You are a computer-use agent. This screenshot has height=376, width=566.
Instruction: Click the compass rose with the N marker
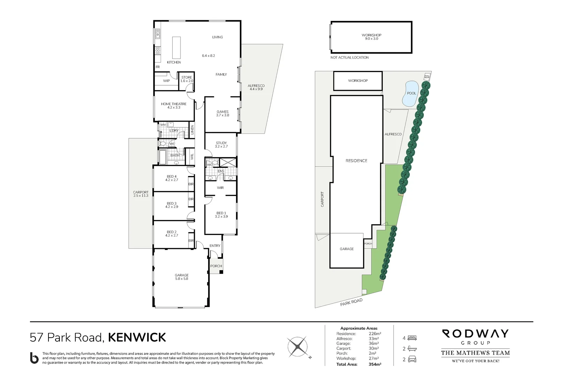[x=297, y=347]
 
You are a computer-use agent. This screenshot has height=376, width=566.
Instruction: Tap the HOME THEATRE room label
[x=174, y=105]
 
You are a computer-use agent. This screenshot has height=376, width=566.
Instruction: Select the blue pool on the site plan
[x=410, y=93]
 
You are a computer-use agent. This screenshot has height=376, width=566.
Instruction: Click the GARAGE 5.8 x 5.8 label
[x=182, y=277]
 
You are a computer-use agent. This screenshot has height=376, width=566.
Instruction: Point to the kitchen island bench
[x=176, y=48]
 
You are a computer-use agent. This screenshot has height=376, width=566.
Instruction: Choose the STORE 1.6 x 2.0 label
[x=186, y=79]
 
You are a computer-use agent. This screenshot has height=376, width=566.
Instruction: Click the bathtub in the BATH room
[x=163, y=157]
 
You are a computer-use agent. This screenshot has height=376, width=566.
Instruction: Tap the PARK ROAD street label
[x=351, y=302]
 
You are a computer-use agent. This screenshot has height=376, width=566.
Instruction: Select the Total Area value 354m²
[x=375, y=364]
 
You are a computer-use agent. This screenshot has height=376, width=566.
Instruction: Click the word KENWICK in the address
[x=137, y=337]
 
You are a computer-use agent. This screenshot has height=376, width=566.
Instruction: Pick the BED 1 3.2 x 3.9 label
[x=221, y=214]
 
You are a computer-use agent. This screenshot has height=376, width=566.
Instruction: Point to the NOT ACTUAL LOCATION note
[x=350, y=57]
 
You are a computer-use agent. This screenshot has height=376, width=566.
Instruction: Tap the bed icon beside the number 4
[x=412, y=338]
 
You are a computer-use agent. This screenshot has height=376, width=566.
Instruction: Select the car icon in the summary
[x=412, y=359]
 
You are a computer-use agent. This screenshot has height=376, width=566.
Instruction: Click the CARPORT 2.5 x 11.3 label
[x=141, y=194]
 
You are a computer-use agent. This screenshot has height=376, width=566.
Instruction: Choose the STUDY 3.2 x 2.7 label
[x=221, y=144]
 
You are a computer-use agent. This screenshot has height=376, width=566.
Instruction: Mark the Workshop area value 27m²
[x=374, y=358]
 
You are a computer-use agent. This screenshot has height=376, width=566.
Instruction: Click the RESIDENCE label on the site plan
[x=356, y=160]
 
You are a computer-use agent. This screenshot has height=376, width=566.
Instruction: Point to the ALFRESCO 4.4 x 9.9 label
[x=256, y=87]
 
